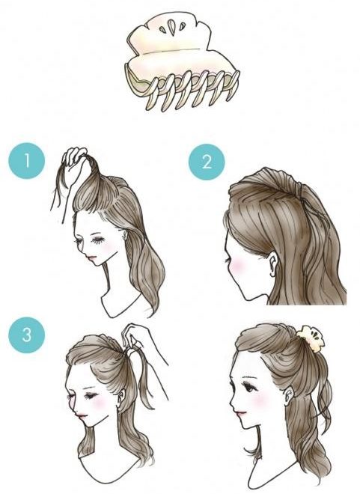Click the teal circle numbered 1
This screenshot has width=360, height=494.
[x=27, y=161]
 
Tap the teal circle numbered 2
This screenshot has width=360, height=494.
[x=207, y=162]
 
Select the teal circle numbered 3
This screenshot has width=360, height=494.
[x=27, y=335]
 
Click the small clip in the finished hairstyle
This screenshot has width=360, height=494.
[x=310, y=338]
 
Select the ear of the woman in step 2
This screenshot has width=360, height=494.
[x=273, y=264]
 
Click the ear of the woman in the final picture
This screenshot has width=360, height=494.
[x=289, y=396]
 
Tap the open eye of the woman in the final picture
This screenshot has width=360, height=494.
[x=248, y=385]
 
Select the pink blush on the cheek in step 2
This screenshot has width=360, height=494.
[x=239, y=264]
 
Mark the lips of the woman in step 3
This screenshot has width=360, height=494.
[x=80, y=415]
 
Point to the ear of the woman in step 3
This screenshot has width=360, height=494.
[x=121, y=397]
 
